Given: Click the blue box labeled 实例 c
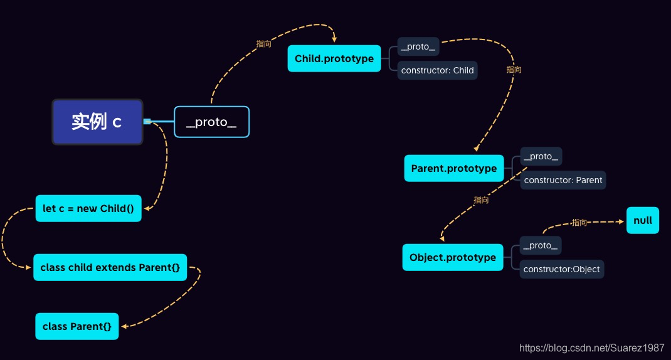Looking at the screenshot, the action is coord(98,122).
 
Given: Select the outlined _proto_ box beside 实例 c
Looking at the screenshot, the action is coord(212,122).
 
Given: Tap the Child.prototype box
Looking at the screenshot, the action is coord(334,59).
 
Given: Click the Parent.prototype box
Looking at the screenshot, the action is coord(454,168).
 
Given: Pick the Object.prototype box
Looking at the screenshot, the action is coord(453,257).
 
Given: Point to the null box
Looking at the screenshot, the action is coord(643,220).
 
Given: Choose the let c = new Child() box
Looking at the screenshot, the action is coord(88,208).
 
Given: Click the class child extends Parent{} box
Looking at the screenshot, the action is coord(110,268).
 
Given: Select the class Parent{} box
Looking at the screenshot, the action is coord(77,326).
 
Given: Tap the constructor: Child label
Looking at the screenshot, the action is coord(437,70).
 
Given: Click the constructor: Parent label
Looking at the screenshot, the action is coord(563,180).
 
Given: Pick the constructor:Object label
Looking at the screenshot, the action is coord(561,269).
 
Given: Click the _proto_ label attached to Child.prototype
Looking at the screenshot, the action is coord(418,46).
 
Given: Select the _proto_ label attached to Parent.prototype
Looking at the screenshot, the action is coord(541,157).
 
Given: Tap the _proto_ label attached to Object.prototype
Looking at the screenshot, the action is coord(541,245).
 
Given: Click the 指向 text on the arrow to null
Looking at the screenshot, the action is coord(579,223).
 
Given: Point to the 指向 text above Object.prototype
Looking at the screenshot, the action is coord(481,200).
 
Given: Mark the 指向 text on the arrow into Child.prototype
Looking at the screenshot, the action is coord(263,44).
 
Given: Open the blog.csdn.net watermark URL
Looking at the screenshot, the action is coord(592,347).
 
